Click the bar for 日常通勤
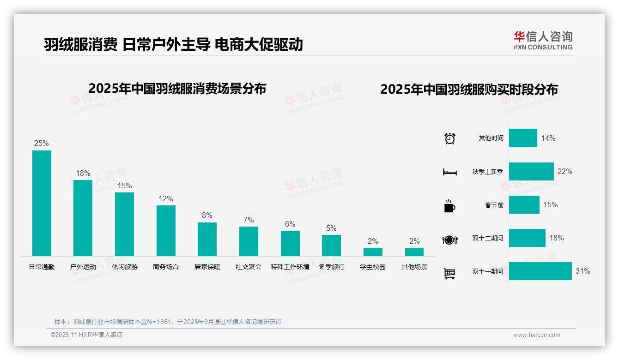coord(42,203)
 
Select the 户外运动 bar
coord(83,218)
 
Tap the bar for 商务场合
coord(166,230)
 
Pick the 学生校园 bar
coord(373,252)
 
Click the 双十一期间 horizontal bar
coord(540,271)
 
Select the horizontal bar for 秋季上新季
coord(531,171)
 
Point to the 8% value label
coord(207,216)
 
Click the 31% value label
coord(583,271)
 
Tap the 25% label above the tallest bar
coord(42,144)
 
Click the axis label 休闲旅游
coord(125,267)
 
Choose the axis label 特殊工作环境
coord(290,267)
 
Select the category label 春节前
coord(494,205)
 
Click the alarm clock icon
coord(450,138)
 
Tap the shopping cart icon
coord(449,274)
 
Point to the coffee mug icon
coord(449,206)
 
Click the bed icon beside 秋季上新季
coord(449,172)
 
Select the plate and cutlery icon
coord(450,240)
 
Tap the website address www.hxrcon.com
coord(537,335)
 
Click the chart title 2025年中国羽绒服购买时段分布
coord(469,90)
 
